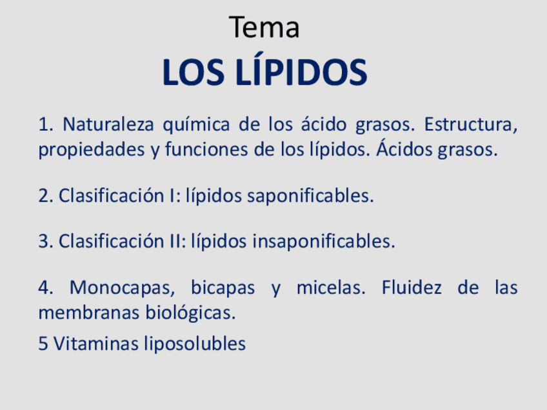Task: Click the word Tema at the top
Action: point(264,28)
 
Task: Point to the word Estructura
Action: point(470,123)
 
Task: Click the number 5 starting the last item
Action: point(43,344)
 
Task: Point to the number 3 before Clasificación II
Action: point(43,241)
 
